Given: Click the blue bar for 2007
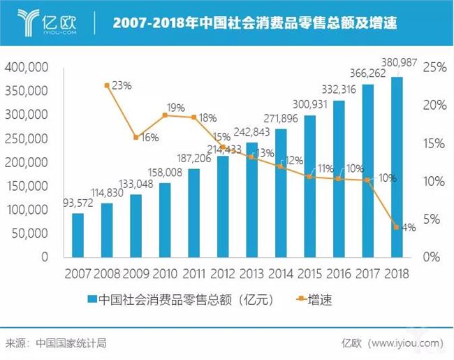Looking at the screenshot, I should tap(78, 234).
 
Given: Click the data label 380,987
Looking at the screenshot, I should tap(397, 63).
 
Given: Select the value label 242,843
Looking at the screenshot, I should tap(252, 131).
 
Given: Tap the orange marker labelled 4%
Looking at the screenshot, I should tap(397, 227).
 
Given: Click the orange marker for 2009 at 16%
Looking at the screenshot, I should tap(136, 137).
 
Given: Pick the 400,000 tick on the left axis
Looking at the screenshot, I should tap(26, 68).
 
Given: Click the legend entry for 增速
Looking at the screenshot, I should tap(315, 300).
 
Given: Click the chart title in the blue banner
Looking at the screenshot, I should tap(254, 23).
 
